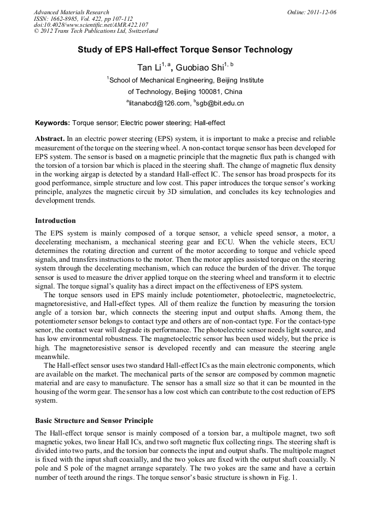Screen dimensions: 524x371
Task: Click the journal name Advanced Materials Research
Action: point(71,12)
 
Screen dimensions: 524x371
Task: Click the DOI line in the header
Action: point(91,25)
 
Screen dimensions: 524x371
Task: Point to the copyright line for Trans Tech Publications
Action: point(96,32)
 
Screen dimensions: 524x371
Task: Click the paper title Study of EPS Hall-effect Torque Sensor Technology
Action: point(185,50)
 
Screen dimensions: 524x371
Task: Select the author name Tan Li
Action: point(149,68)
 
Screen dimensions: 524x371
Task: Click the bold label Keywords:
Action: point(53,123)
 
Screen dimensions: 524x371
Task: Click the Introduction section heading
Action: point(55,221)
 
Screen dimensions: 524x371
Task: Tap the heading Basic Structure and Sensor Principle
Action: point(94,421)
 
